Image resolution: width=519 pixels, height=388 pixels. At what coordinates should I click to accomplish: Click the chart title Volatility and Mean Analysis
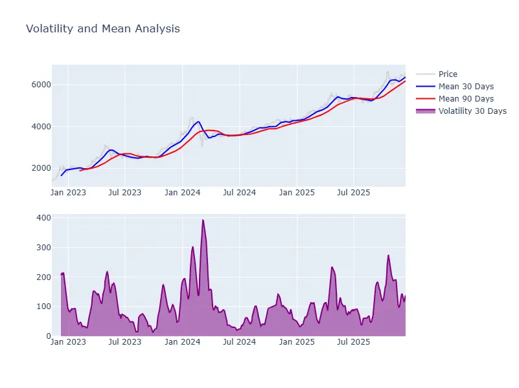coord(102,29)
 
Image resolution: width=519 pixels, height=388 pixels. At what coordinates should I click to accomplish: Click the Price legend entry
coord(447,74)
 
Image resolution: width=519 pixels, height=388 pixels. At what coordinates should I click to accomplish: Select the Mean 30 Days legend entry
coord(465,87)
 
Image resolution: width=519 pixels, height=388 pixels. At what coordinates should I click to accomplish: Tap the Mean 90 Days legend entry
coord(465,99)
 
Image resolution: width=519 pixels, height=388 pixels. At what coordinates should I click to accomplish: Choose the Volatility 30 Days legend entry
coord(472,111)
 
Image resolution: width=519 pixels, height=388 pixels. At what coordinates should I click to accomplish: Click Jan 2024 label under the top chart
coord(182,192)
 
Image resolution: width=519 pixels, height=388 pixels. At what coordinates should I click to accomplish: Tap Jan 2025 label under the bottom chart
coord(296,341)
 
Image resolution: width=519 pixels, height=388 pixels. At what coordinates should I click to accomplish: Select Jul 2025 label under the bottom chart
coord(353,341)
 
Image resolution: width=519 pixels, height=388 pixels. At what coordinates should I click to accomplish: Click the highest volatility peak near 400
coord(203,220)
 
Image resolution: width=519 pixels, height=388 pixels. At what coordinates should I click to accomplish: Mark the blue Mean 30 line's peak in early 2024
coord(198,121)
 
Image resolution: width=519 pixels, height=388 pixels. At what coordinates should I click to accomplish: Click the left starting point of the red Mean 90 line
coord(80,171)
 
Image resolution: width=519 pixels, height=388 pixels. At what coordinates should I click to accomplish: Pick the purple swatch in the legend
coord(425,111)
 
